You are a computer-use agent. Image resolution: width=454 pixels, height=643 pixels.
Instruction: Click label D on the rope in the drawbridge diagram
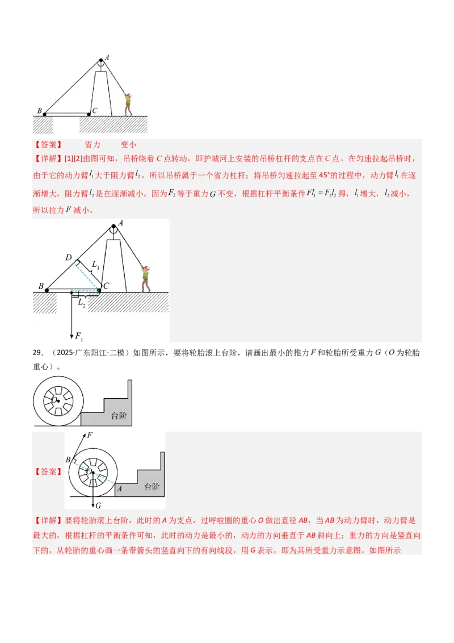tap(68, 258)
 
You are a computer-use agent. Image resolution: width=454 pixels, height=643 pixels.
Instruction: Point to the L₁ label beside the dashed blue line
tap(95, 266)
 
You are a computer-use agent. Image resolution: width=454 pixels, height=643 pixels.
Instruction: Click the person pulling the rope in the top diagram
tap(128, 104)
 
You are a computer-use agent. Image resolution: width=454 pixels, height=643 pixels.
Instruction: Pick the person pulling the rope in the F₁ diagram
tap(146, 278)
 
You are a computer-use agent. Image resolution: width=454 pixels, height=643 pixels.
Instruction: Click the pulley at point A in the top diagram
tap(100, 64)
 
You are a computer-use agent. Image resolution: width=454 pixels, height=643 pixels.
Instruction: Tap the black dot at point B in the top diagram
tap(44, 114)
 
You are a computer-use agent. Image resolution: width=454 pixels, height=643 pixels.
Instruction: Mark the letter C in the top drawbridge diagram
tap(94, 110)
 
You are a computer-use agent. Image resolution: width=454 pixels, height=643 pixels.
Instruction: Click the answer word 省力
tap(92, 145)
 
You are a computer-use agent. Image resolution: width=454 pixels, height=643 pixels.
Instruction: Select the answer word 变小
tap(128, 145)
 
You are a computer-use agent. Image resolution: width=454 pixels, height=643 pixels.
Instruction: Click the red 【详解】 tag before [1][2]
tap(48, 158)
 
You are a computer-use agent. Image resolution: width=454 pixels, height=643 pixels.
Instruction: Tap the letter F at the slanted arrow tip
tap(89, 436)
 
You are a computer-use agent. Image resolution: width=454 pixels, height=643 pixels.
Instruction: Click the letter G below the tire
tap(98, 505)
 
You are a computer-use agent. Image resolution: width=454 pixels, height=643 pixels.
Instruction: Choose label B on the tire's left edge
tap(68, 459)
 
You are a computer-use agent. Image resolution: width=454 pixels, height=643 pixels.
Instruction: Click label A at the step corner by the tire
tap(119, 488)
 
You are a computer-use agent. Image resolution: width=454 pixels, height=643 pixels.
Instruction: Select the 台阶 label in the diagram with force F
tap(152, 487)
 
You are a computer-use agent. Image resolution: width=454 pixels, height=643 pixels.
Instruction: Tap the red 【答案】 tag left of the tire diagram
tap(48, 471)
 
